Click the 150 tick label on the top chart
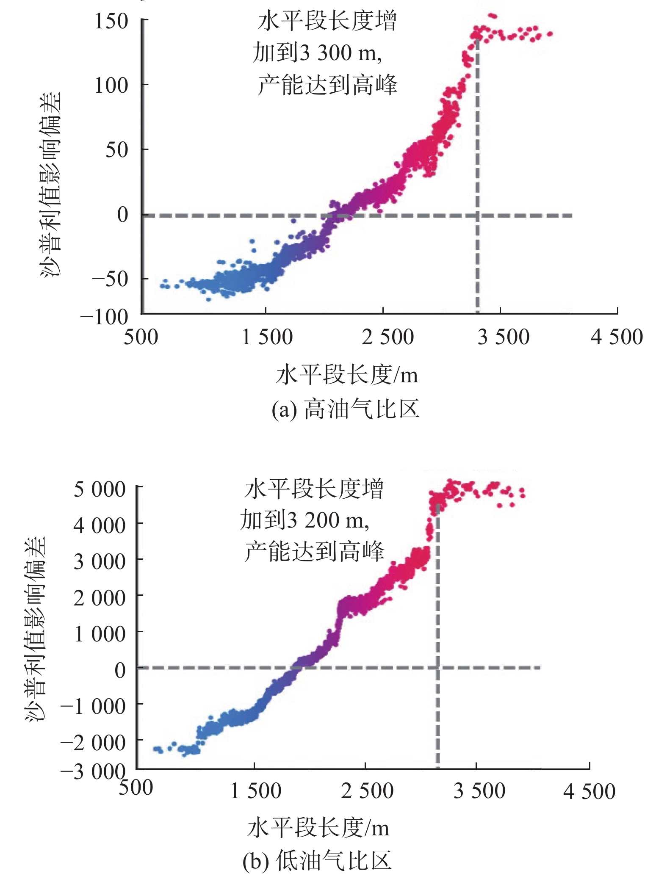tap(111, 21)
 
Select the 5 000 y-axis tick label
tap(100, 489)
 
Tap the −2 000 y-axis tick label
tap(93, 743)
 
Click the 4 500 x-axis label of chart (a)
tap(617, 338)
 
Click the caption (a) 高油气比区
tap(346, 409)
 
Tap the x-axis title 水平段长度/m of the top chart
tap(347, 375)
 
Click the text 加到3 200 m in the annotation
tap(304, 521)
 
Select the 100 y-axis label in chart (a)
tap(111, 86)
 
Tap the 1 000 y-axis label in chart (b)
tap(100, 634)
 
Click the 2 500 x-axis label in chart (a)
tap(387, 338)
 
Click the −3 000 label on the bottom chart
tap(93, 772)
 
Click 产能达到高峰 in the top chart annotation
tap(327, 85)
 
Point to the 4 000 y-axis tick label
tap(100, 526)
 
